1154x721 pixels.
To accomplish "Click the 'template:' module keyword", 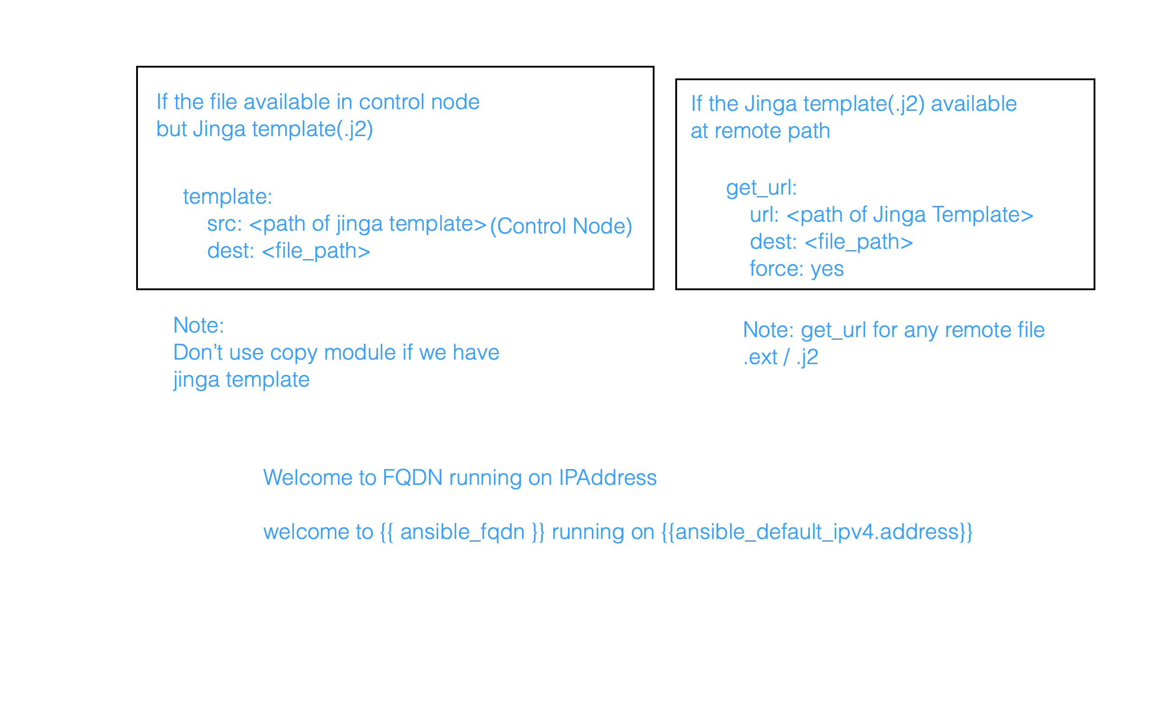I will click(x=228, y=197).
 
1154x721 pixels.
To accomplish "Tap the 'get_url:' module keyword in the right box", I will click(x=761, y=188).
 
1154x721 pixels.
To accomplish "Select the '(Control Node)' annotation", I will click(x=561, y=226).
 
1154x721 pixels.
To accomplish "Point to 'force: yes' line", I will click(x=797, y=269).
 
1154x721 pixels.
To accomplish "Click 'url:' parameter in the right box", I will click(x=764, y=215).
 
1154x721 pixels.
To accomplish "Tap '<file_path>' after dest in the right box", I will click(x=858, y=242).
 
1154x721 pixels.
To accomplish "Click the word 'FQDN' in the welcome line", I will click(x=412, y=478).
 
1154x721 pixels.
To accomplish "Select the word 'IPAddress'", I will click(x=608, y=478).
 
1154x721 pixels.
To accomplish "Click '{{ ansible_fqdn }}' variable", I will click(x=462, y=532).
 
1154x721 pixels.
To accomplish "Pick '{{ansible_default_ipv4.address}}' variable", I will click(x=816, y=532).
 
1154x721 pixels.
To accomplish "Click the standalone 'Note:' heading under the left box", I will click(x=198, y=326).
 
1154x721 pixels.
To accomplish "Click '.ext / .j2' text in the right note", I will click(x=781, y=357).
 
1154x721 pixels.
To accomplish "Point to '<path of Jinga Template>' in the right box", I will click(x=909, y=215).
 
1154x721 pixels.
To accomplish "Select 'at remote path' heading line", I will click(x=760, y=131).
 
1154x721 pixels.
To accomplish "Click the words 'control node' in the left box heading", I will click(x=419, y=102).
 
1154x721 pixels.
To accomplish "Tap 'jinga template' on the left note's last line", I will click(x=241, y=380).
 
